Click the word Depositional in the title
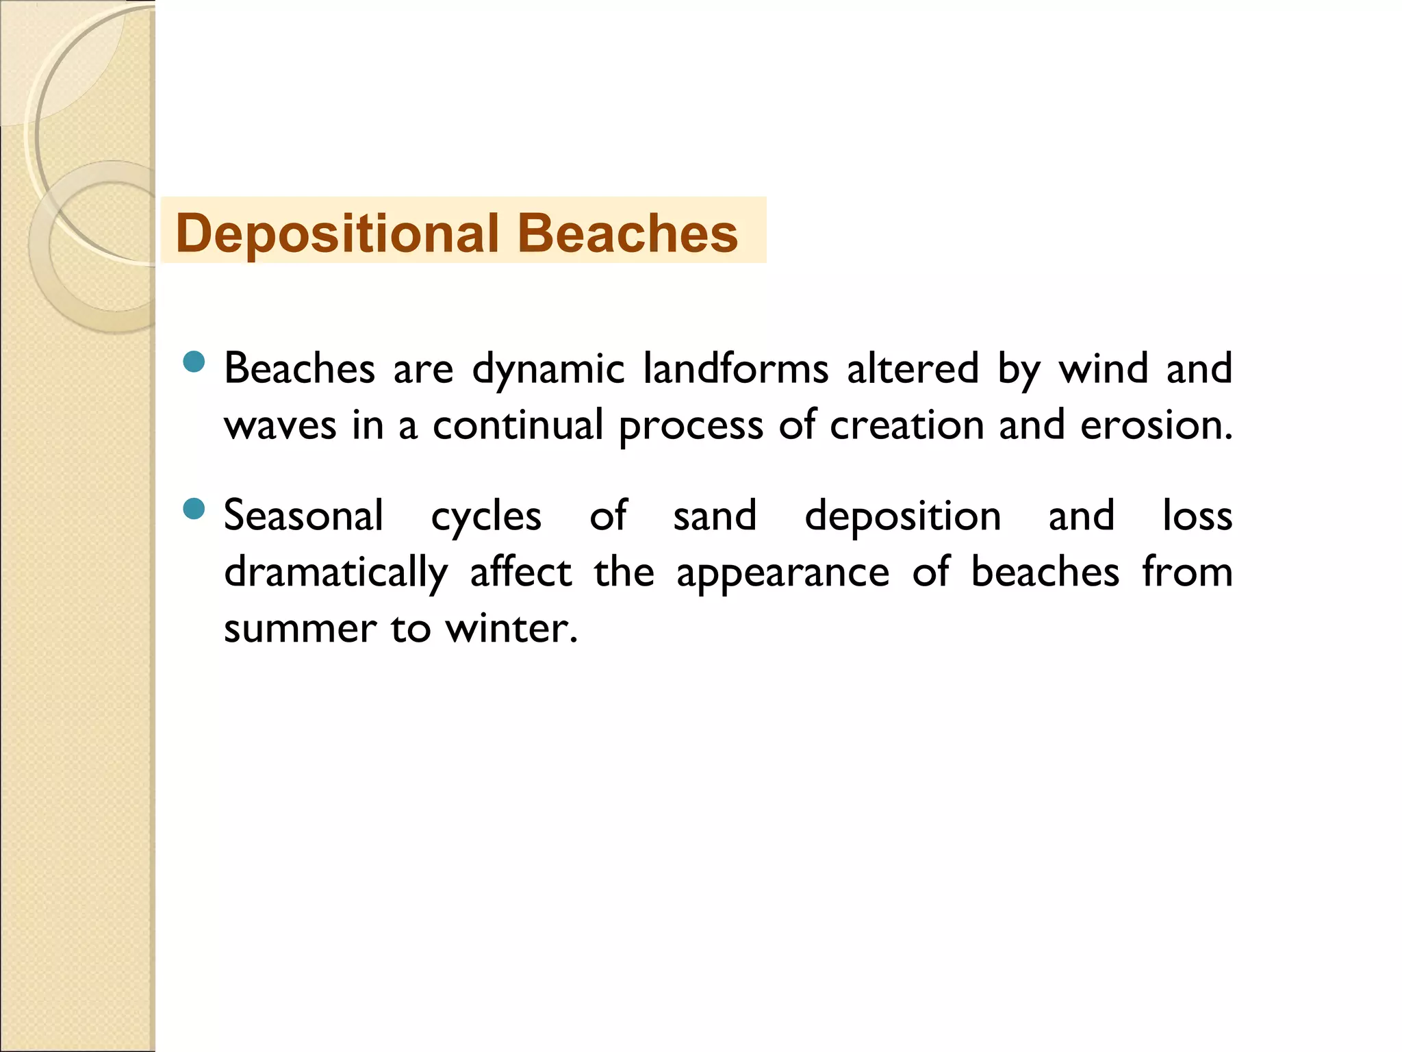pyautogui.click(x=336, y=234)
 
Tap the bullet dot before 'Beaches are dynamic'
pyautogui.click(x=194, y=361)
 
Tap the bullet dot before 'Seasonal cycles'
pyautogui.click(x=194, y=509)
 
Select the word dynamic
pyautogui.click(x=548, y=370)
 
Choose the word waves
pyautogui.click(x=280, y=425)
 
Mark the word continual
pyautogui.click(x=518, y=425)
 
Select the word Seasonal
pyautogui.click(x=303, y=516)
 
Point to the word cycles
pyautogui.click(x=486, y=517)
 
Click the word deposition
pyautogui.click(x=902, y=517)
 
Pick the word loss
pyautogui.click(x=1197, y=516)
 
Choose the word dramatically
pyautogui.click(x=335, y=573)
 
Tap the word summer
pyautogui.click(x=300, y=629)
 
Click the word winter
pyautogui.click(x=511, y=628)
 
